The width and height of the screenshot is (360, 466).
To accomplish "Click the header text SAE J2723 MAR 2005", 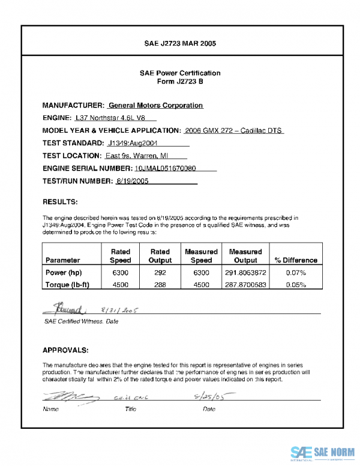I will point(180,44).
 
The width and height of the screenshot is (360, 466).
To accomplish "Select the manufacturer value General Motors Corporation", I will point(155,105).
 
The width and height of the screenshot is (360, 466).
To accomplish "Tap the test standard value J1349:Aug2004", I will point(133,143).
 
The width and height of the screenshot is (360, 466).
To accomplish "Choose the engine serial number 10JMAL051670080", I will point(166,168).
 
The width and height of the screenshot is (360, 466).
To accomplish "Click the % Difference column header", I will point(296,260).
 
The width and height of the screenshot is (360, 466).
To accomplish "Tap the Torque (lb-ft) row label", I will point(67,285).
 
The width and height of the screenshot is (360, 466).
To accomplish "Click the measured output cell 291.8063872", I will point(245,273).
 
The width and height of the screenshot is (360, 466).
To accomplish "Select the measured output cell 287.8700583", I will point(245,285).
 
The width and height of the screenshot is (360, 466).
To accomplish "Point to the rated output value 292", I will point(160,273).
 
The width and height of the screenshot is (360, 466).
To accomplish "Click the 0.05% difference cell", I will point(296,285).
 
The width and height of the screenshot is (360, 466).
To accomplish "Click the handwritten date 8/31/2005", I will point(120,311).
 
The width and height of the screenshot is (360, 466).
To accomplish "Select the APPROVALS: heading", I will point(66,349).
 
